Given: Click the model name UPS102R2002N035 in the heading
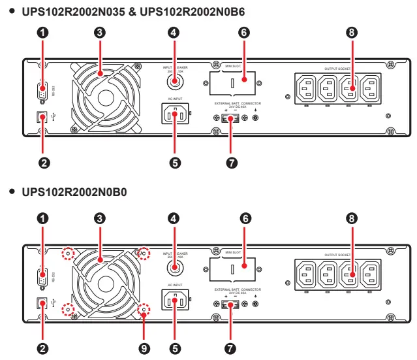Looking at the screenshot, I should [x=64, y=12].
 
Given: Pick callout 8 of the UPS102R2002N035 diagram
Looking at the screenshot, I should [x=352, y=31].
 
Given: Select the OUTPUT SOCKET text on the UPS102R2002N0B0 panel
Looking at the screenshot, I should [x=338, y=254].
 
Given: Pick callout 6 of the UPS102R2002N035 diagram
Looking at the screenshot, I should [x=244, y=31].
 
